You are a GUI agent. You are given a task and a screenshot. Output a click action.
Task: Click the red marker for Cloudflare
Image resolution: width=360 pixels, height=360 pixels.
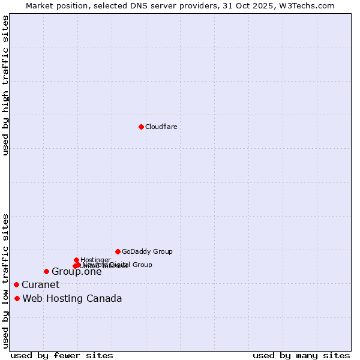click(141, 127)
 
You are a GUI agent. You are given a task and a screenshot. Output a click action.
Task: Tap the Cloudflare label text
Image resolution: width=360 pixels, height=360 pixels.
click(161, 127)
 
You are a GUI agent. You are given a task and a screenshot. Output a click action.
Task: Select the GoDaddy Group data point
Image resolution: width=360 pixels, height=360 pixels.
click(118, 251)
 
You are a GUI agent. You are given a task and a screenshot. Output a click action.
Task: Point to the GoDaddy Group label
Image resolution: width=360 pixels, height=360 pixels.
click(147, 252)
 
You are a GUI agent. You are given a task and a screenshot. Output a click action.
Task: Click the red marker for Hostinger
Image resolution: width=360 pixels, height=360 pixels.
click(76, 260)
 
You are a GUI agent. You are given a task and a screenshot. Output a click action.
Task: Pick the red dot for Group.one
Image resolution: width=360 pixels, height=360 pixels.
click(46, 272)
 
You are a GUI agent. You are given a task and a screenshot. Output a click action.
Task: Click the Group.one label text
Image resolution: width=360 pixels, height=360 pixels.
click(76, 272)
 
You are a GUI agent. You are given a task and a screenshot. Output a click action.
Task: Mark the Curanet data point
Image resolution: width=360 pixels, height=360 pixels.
click(16, 284)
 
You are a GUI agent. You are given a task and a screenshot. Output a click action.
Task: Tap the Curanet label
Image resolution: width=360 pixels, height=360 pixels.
click(40, 285)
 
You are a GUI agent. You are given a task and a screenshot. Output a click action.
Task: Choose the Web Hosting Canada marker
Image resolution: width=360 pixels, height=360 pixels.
click(17, 298)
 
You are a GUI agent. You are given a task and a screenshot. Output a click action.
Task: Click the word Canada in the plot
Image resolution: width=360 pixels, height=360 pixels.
click(105, 299)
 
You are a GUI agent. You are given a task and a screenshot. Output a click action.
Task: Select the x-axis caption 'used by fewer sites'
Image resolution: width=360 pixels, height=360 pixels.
click(62, 355)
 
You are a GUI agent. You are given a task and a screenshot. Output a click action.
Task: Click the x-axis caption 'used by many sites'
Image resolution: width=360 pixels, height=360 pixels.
click(301, 355)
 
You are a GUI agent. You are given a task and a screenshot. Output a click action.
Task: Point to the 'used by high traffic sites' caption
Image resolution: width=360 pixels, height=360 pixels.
click(5, 85)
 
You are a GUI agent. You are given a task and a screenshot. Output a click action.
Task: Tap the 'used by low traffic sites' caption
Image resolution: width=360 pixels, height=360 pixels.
click(5, 281)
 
